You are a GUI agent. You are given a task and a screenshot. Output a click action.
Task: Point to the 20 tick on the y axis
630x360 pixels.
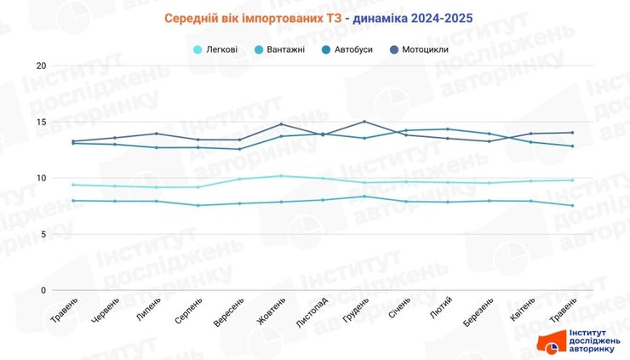41,66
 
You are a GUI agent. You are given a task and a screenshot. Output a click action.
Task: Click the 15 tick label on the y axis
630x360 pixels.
41,122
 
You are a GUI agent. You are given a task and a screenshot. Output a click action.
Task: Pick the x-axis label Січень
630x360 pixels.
398,311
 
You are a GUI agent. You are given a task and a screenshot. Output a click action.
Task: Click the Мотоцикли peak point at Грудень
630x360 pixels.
364,122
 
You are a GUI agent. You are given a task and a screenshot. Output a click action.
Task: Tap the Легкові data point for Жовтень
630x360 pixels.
281,176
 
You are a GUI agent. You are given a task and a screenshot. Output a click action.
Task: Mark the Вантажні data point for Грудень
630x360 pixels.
364,197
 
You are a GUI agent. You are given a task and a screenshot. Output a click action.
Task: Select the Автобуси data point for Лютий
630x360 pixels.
448,129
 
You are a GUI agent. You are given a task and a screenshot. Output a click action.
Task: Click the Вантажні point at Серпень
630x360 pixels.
198,205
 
